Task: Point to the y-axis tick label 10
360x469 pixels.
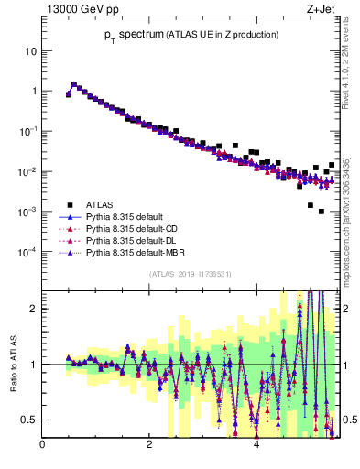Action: [x=30, y=51]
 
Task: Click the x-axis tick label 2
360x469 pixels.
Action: [x=149, y=447]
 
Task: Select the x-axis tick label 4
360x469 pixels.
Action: [x=256, y=447]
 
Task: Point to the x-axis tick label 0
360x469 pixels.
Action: [x=42, y=447]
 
